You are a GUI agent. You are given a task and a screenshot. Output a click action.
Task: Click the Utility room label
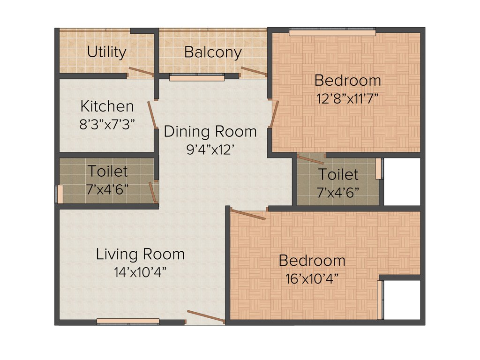(106, 52)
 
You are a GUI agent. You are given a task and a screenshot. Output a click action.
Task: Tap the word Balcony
(213, 52)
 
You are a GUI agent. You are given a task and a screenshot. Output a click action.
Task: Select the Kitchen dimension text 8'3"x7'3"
(107, 124)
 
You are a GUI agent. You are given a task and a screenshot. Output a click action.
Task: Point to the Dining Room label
(210, 131)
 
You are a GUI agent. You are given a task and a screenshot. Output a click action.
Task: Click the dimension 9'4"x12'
(210, 150)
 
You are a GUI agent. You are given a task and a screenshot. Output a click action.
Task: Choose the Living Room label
(140, 255)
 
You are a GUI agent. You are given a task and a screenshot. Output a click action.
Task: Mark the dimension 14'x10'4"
(140, 272)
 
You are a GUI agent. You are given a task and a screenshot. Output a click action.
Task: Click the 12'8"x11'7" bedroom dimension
(347, 99)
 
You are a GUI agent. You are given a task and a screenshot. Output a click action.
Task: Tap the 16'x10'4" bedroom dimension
(312, 279)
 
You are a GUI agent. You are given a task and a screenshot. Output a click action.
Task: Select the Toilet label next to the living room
(107, 171)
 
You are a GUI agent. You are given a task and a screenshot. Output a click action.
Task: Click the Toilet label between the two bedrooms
(338, 175)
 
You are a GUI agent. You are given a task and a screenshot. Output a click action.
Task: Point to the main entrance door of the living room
(205, 317)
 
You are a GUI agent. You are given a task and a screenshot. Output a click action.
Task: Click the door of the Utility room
(141, 72)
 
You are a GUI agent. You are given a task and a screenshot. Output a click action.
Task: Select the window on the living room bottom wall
(128, 322)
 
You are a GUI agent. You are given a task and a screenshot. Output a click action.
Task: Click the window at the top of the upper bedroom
(332, 32)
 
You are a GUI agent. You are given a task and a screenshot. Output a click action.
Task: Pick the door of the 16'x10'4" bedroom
(248, 214)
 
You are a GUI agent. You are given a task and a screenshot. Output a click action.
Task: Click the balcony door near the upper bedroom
(253, 71)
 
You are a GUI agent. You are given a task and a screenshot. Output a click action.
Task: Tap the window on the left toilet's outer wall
(60, 194)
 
